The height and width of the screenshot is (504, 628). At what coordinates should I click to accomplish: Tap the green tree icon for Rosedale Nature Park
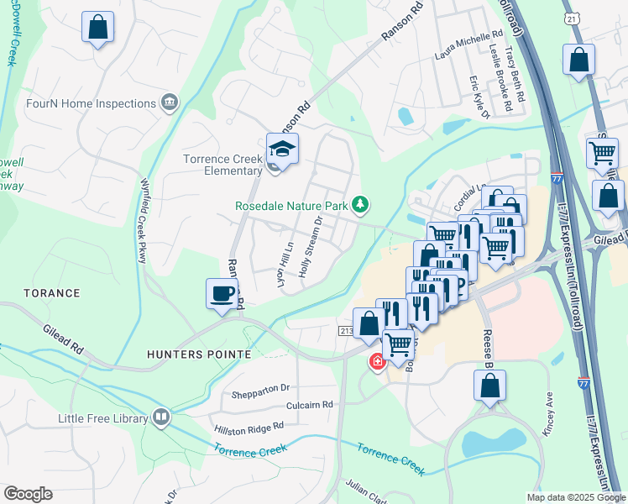pos(360,204)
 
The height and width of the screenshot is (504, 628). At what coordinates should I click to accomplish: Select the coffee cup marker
pos(222,294)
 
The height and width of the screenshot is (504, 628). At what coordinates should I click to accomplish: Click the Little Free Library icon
pos(161,417)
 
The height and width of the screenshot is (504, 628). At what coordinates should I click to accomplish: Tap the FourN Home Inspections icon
pos(170,103)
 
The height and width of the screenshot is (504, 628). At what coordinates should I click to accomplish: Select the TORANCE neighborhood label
pos(52,293)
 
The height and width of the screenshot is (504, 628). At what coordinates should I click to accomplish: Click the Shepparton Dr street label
pos(260,387)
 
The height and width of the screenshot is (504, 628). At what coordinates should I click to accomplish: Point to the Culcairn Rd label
pos(309,404)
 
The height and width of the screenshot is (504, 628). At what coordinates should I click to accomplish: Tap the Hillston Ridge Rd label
pos(249,428)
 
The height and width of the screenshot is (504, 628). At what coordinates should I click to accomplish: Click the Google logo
pos(28,494)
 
